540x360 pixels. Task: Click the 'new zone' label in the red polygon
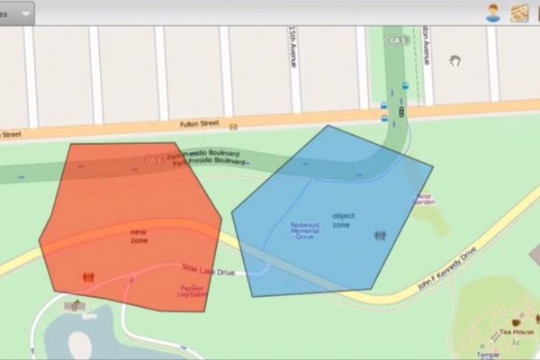[x=139, y=237]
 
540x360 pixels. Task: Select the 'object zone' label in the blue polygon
[x=342, y=220]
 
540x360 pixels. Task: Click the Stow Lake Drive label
[x=208, y=268]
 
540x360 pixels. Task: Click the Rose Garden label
[x=424, y=199]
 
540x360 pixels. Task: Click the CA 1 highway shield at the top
[x=397, y=40]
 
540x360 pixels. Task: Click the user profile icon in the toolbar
[x=492, y=13]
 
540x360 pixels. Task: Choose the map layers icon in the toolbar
[x=519, y=13]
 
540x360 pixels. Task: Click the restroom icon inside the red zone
[x=87, y=278]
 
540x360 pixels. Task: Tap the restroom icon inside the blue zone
[x=380, y=236]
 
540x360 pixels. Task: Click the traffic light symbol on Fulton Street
[x=400, y=113]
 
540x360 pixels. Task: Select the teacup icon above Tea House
[x=517, y=321]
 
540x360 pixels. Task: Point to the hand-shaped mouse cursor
[x=456, y=60]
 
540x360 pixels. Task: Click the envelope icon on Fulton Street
[x=233, y=127]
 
